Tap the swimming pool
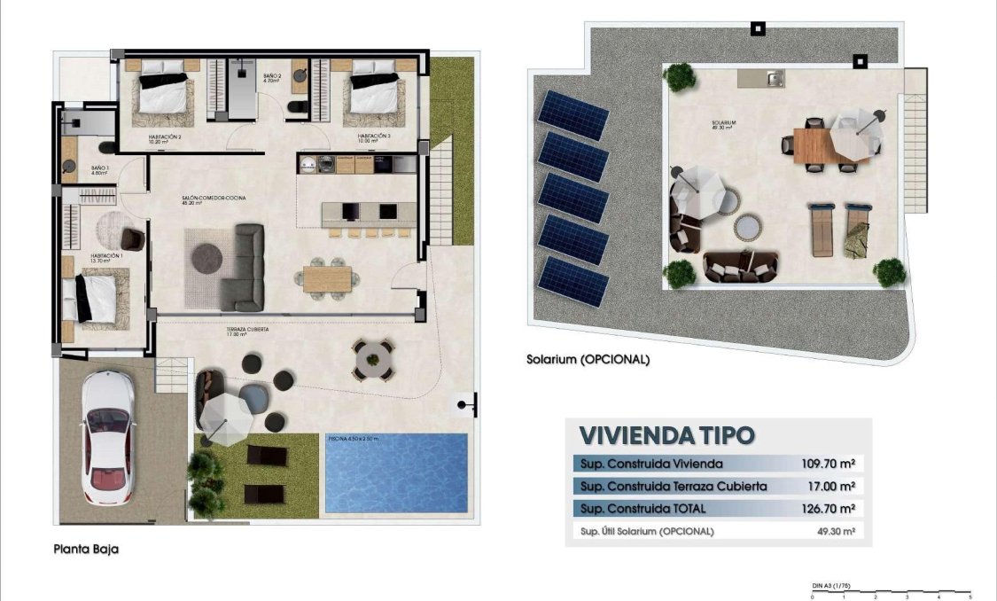(x=395, y=473)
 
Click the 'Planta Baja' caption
(x=84, y=550)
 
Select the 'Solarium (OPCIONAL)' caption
(x=588, y=360)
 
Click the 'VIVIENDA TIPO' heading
(x=666, y=435)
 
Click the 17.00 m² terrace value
(x=831, y=486)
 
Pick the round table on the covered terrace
(x=371, y=358)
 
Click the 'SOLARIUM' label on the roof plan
(x=724, y=123)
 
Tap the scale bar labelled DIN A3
(x=891, y=592)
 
